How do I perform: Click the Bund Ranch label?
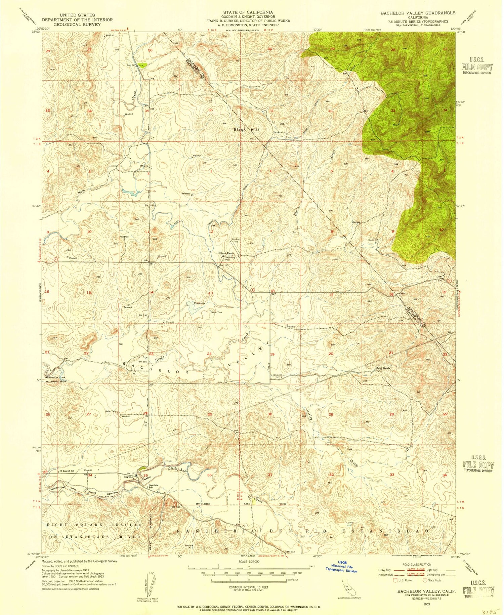click(383, 368)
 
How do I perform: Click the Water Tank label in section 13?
click(216, 312)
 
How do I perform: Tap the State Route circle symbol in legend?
click(425, 580)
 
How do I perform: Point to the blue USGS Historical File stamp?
click(342, 568)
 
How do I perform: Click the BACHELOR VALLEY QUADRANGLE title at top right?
click(413, 13)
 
